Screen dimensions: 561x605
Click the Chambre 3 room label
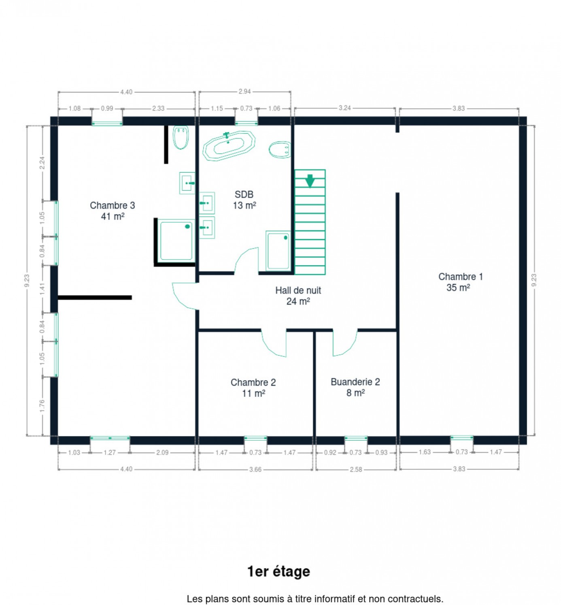(x=113, y=211)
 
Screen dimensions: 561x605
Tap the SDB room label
(x=244, y=200)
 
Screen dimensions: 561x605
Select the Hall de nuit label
(x=298, y=296)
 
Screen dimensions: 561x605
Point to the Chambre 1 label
(x=460, y=282)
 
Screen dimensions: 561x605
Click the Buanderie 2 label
(x=355, y=387)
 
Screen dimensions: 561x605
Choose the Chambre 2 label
(x=253, y=388)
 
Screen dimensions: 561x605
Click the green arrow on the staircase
(x=310, y=181)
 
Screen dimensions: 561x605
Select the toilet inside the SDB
(x=279, y=149)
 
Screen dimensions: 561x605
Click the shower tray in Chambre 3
(x=176, y=241)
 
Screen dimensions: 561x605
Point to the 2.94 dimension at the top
(x=244, y=92)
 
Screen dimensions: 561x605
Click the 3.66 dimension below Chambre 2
(x=255, y=469)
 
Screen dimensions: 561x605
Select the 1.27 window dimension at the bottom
(x=109, y=452)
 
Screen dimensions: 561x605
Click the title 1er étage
(x=278, y=571)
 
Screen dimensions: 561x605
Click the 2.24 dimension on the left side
(x=42, y=163)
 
